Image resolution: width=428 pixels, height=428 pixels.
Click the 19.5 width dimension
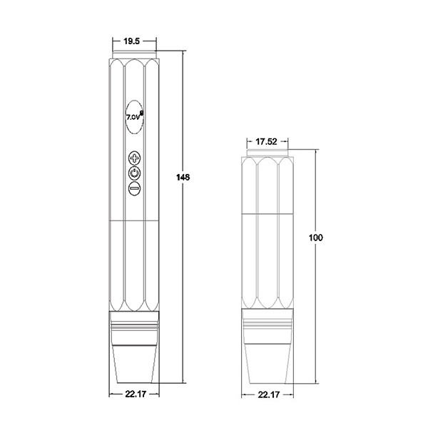[x=131, y=41]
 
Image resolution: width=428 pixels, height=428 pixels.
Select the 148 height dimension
[x=183, y=178]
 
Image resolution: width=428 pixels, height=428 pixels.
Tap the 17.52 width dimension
[x=266, y=142]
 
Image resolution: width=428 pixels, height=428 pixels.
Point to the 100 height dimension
[x=315, y=238]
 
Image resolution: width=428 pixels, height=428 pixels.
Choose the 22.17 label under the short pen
[x=269, y=394]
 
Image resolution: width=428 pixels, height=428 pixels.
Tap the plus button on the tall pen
[x=134, y=158]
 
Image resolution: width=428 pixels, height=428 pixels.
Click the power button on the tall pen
[x=134, y=173]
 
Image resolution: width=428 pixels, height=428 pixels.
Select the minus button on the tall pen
[x=134, y=188]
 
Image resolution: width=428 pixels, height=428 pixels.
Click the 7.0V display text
[x=133, y=117]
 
